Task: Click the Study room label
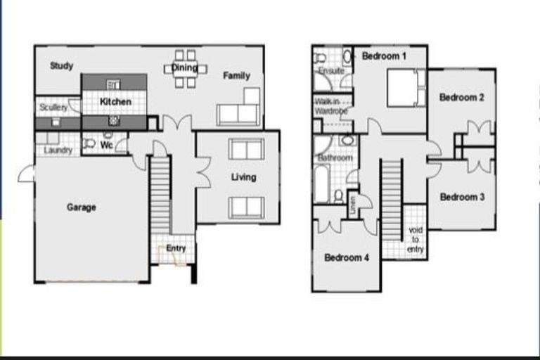click(62, 66)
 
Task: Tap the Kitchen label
click(115, 102)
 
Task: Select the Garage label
click(82, 207)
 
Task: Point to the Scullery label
click(53, 108)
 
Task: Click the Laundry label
click(58, 150)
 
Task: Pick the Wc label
click(107, 146)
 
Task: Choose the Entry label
click(176, 248)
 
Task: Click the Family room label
click(237, 75)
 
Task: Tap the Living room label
click(243, 177)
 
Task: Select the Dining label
click(185, 68)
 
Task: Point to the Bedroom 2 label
click(462, 98)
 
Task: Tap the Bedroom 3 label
click(462, 197)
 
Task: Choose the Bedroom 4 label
click(347, 257)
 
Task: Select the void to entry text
click(415, 240)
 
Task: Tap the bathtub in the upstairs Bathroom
click(322, 184)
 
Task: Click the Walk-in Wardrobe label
click(331, 106)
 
